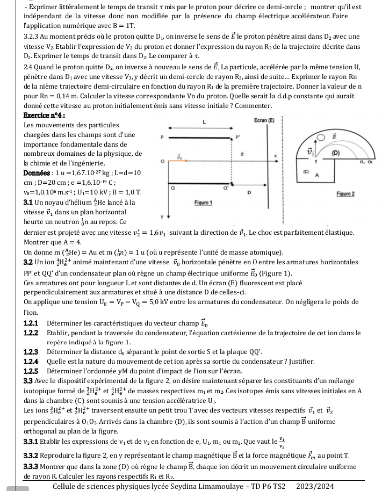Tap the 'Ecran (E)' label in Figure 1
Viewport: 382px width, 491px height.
tap(262, 122)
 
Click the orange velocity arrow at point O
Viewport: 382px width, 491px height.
tap(181, 157)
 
